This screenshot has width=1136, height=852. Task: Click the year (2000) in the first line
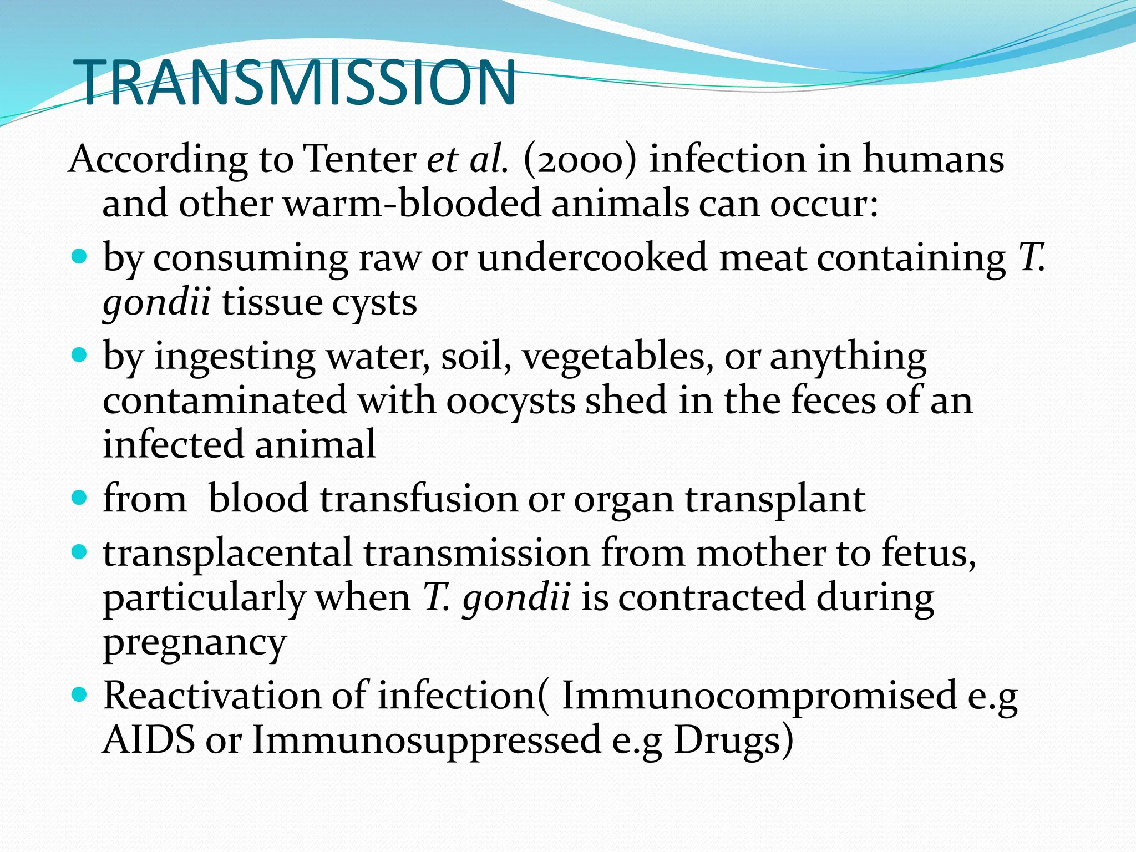(x=579, y=160)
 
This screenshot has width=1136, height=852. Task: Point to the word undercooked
(x=592, y=258)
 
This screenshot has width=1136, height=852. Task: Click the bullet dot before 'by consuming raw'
(x=80, y=257)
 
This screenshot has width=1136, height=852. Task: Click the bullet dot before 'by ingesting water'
(x=80, y=355)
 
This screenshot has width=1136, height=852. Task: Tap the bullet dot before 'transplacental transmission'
(x=80, y=552)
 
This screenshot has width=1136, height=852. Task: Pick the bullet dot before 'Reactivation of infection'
(x=80, y=694)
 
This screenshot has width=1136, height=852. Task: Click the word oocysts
(x=510, y=400)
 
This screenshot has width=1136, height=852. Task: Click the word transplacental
(x=227, y=554)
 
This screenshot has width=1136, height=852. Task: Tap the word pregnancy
(x=195, y=643)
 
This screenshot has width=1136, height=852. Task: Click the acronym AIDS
(x=149, y=740)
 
